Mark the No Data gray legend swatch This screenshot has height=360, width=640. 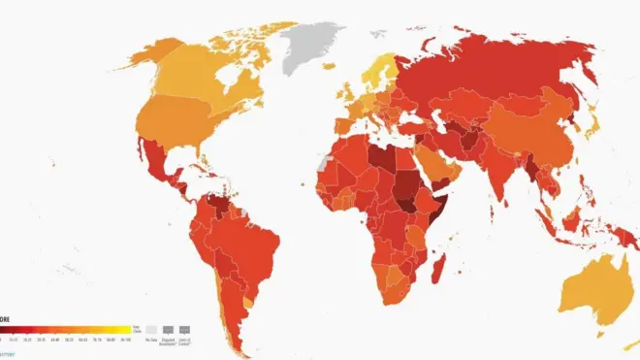[149, 331]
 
